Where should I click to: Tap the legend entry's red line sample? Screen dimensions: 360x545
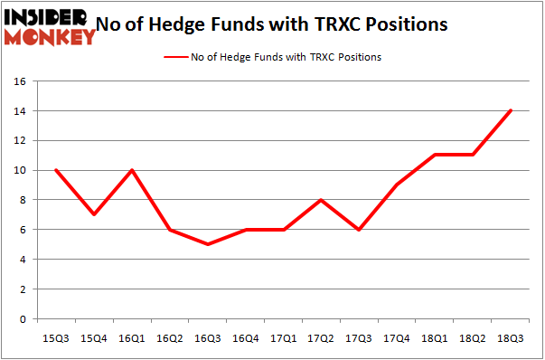coord(175,57)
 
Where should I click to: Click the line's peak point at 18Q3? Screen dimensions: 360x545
coord(511,111)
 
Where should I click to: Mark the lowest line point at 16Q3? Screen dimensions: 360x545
coord(208,244)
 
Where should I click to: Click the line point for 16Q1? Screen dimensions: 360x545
coord(133,170)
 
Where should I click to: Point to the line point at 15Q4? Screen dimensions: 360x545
coord(95,214)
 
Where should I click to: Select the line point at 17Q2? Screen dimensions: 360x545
coord(321,200)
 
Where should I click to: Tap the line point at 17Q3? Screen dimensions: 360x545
coord(359,230)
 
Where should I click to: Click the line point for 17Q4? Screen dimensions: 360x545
coord(397,185)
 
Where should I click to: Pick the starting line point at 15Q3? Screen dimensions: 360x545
coord(57,170)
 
